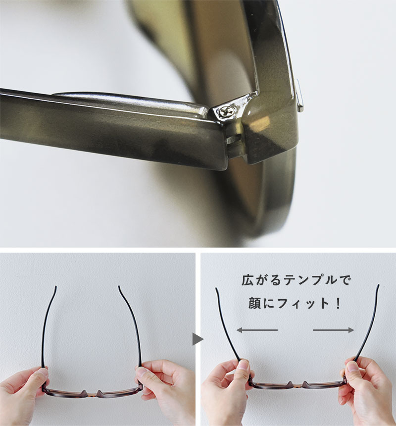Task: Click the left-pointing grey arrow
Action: tap(257, 330)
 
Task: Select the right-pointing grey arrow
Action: tap(334, 330)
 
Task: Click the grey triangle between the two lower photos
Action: tap(198, 339)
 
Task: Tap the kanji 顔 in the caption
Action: tap(254, 303)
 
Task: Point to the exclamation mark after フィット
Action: tap(338, 303)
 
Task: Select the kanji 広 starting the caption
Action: tap(247, 280)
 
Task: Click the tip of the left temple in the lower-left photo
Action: tap(56, 287)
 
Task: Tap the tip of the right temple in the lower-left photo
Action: tap(119, 287)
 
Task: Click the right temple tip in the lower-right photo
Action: tap(378, 286)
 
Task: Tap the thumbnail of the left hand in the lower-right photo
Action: tap(244, 365)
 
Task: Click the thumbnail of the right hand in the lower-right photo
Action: tap(352, 366)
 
